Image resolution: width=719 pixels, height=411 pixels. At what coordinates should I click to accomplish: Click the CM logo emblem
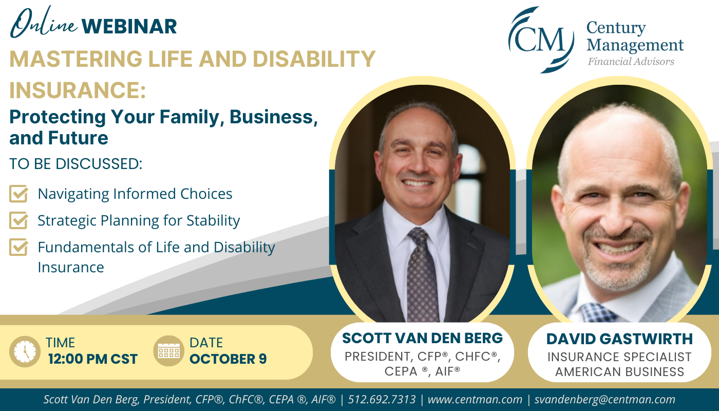click(x=541, y=40)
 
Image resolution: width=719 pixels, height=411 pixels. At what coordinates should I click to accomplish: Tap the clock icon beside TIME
click(x=25, y=351)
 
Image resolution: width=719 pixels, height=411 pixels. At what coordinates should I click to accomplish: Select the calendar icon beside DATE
click(x=169, y=351)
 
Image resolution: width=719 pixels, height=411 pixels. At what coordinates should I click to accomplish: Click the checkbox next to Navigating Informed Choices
click(x=18, y=194)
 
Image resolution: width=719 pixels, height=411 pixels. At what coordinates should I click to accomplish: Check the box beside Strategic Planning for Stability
click(x=18, y=220)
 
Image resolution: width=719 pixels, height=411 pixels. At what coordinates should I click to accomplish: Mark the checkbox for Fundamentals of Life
click(x=18, y=247)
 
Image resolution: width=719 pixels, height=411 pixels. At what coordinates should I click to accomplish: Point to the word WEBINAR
click(x=129, y=26)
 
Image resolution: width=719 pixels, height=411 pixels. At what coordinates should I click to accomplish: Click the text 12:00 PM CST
click(x=93, y=359)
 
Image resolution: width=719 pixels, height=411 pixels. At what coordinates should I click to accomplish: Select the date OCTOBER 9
click(x=228, y=359)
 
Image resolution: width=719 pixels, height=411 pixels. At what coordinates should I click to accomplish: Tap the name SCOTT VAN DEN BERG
click(x=422, y=338)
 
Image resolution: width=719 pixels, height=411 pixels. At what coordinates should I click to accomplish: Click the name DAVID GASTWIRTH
click(x=619, y=339)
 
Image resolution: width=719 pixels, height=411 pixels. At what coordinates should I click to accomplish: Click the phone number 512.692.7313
click(x=382, y=400)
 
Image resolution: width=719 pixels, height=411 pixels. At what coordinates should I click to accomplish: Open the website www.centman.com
click(x=475, y=400)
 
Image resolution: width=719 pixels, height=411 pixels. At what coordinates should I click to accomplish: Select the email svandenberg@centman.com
click(x=605, y=400)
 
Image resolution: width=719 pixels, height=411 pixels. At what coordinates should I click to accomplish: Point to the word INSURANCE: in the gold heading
click(x=78, y=90)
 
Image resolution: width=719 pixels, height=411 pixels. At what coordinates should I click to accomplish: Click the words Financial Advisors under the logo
click(x=631, y=61)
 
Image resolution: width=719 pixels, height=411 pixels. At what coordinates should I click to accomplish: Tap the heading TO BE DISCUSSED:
click(x=76, y=164)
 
